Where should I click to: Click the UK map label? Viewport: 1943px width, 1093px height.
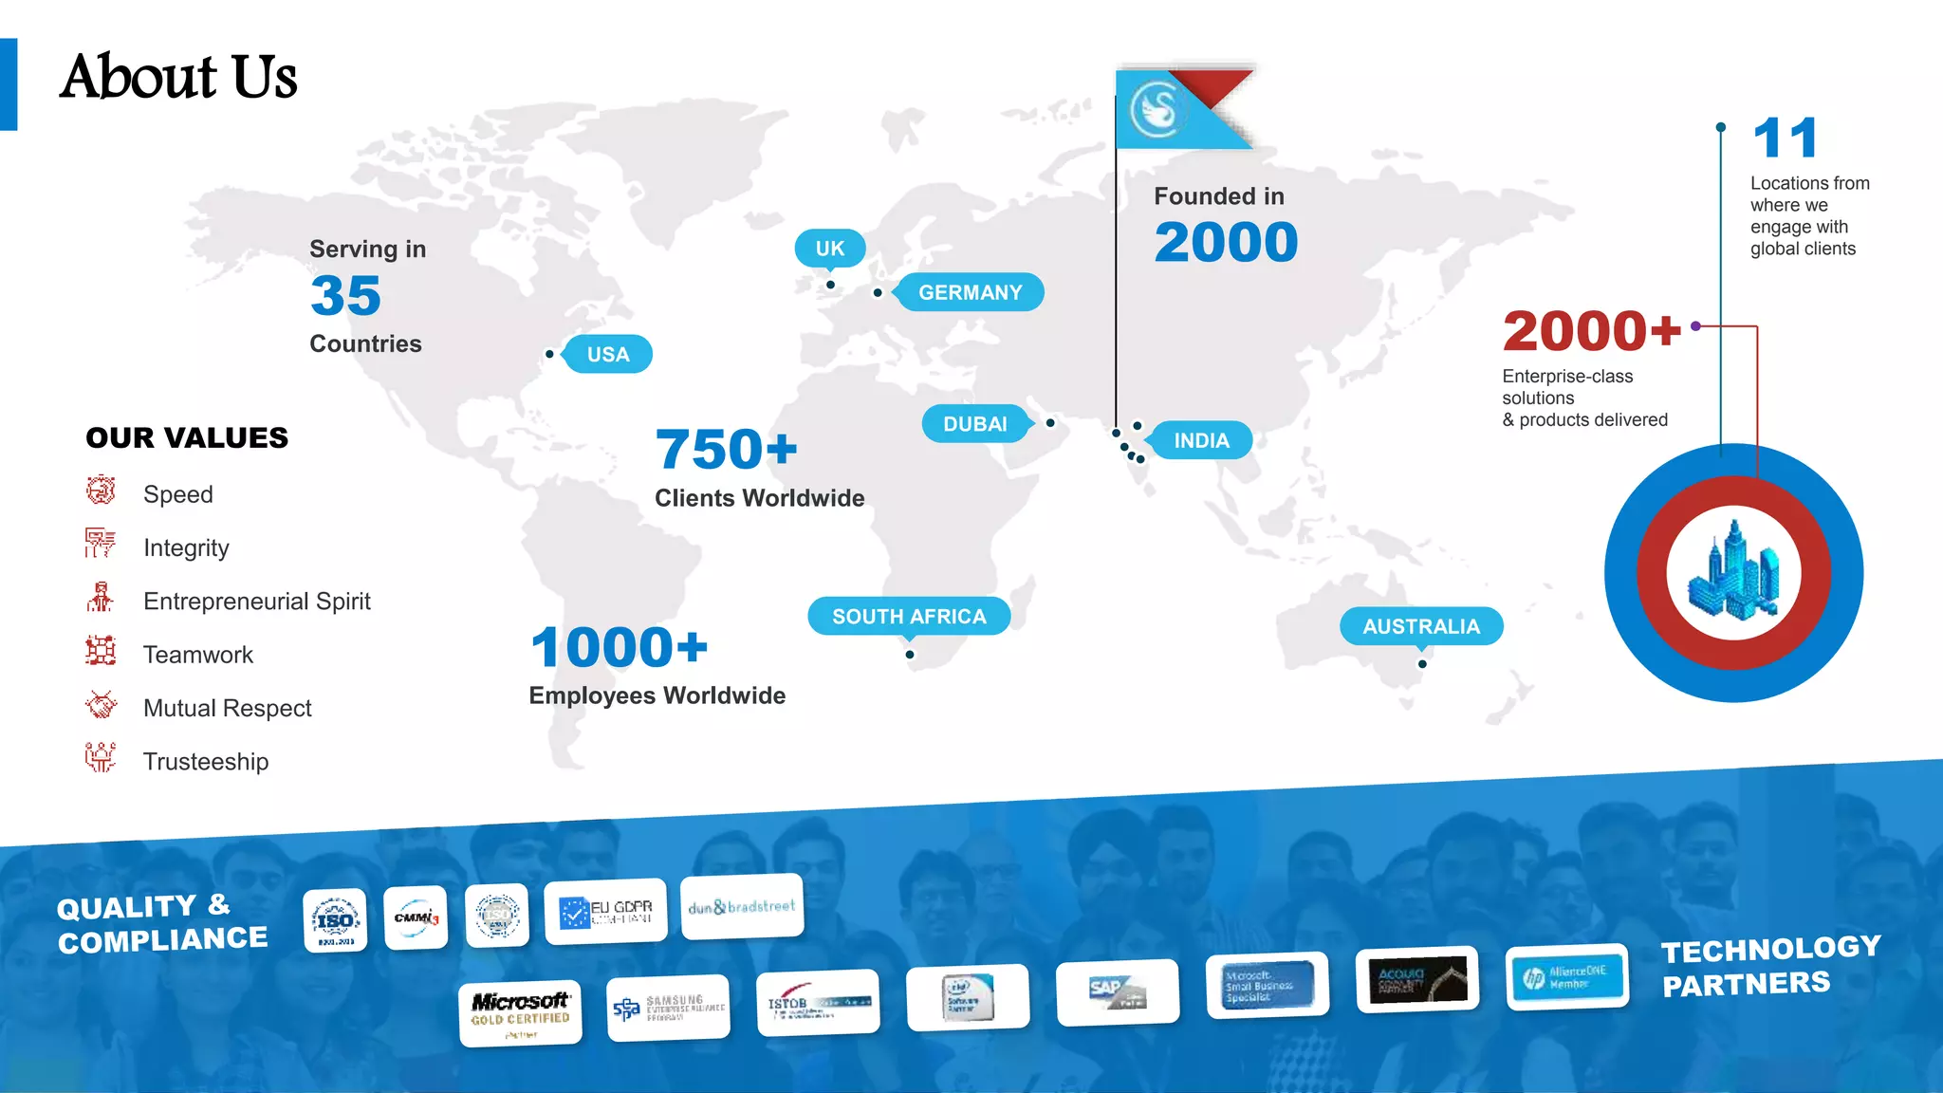coord(829,249)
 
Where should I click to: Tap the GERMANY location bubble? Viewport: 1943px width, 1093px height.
coord(970,292)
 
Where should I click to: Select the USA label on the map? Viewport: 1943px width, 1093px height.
coord(607,354)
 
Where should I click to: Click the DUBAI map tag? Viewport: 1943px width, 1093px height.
coord(974,424)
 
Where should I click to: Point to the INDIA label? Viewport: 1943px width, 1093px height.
coord(1201,440)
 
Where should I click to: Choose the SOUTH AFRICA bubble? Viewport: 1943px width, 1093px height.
coord(909,616)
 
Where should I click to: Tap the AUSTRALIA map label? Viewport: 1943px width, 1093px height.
coord(1421,626)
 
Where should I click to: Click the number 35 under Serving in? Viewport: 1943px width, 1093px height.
coord(345,296)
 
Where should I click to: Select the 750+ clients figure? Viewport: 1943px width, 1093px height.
coord(726,449)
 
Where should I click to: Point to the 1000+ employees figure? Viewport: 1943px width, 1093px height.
coord(619,648)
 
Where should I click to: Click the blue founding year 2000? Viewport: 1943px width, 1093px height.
coord(1226,242)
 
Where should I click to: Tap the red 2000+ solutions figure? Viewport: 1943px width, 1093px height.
coord(1591,331)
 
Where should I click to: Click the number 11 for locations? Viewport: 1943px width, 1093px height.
coord(1785,139)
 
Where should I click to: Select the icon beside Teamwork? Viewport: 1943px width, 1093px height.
coord(101,652)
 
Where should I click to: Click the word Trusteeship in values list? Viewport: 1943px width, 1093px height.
coord(206,762)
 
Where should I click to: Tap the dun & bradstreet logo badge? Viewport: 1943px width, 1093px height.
coord(742,907)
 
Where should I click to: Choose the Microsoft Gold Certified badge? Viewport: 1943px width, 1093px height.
coord(520,1013)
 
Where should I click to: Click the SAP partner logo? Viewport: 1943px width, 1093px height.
coord(1118,993)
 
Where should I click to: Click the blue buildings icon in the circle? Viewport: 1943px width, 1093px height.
coord(1733,572)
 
